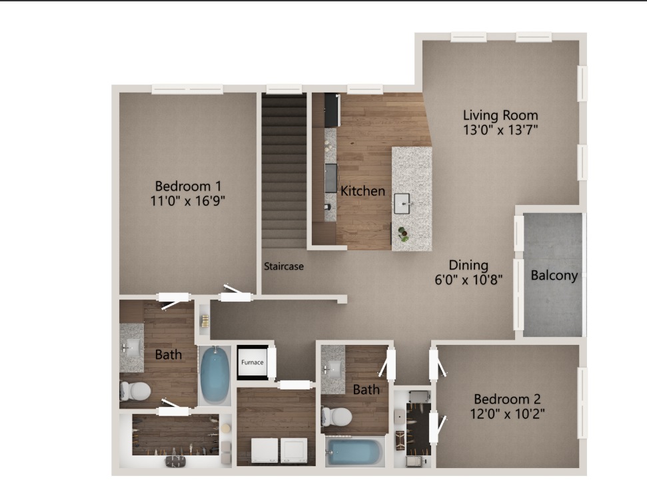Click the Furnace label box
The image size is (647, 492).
pos(252,362)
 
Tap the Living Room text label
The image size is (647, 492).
pos(500,115)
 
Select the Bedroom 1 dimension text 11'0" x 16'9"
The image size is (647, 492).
pos(188,201)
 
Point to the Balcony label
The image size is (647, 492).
pos(554,275)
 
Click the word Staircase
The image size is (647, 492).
pos(284,266)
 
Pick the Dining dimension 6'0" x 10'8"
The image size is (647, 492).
pos(468,280)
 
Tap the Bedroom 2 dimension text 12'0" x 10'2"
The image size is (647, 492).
pos(508,413)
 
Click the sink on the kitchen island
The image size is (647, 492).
pos(402,203)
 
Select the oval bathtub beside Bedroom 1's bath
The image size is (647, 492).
pos(215,375)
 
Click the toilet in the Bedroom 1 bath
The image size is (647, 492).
pos(135,391)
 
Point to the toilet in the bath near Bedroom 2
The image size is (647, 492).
pos(336,417)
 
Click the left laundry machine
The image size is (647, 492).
pos(265,451)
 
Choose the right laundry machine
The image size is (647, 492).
pos(294,451)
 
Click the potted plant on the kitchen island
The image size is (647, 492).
pos(404,234)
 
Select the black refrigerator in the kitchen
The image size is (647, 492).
pos(332,110)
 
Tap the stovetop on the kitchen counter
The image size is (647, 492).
pos(330,178)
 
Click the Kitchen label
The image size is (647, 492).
pos(362,191)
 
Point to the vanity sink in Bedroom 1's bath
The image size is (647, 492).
pos(132,348)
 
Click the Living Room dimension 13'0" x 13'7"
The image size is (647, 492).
pos(500,130)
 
